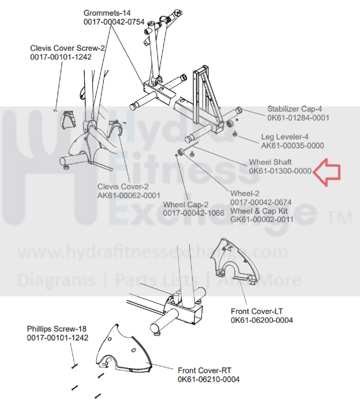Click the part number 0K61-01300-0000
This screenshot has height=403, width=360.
coord(280,171)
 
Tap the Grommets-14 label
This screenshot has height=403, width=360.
coord(107,13)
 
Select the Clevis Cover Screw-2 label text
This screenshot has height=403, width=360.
coord(67,48)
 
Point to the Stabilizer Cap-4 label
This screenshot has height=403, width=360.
coord(294,109)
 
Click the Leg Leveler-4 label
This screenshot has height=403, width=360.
coord(285,137)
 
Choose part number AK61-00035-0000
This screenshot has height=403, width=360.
coord(292,146)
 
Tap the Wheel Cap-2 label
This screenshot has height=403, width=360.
coord(185,205)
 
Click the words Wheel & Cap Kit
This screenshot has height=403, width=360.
coord(259,211)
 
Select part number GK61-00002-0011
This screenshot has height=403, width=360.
coord(262,220)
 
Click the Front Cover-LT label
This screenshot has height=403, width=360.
coord(256,312)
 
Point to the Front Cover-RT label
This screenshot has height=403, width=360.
coord(204,371)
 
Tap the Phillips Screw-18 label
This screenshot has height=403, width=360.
coord(57,329)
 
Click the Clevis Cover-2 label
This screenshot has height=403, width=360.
coord(123,187)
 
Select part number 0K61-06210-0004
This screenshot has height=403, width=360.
coord(208,379)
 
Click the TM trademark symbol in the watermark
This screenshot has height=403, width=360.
coord(341,218)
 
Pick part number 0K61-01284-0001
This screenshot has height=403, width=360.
coord(298,118)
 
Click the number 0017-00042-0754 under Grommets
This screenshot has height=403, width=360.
coord(114,22)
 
